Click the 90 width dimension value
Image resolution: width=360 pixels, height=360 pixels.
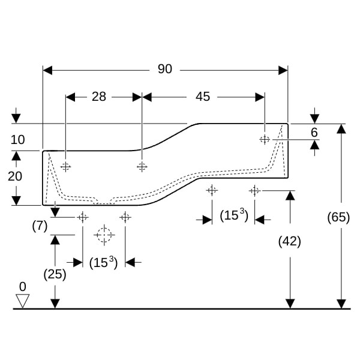(x=164, y=70)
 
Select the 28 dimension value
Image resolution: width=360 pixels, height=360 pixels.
(x=99, y=96)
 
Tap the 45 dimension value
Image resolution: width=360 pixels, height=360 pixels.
(x=203, y=96)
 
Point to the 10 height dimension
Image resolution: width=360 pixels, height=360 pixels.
(x=17, y=140)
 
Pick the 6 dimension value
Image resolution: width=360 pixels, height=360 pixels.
(x=314, y=132)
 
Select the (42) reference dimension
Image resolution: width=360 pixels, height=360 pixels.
(x=290, y=241)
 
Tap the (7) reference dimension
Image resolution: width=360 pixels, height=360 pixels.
(x=40, y=226)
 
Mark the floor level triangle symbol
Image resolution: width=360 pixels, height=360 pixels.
(x=22, y=300)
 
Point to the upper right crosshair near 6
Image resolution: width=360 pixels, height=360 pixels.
(x=264, y=139)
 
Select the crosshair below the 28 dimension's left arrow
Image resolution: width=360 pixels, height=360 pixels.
(x=66, y=166)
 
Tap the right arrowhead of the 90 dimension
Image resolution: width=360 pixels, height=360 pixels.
(x=283, y=70)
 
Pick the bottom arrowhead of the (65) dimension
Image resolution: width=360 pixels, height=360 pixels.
(x=341, y=304)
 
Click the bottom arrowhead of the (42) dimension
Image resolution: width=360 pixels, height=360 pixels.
(x=290, y=304)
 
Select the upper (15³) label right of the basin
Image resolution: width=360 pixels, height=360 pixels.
(x=234, y=215)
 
